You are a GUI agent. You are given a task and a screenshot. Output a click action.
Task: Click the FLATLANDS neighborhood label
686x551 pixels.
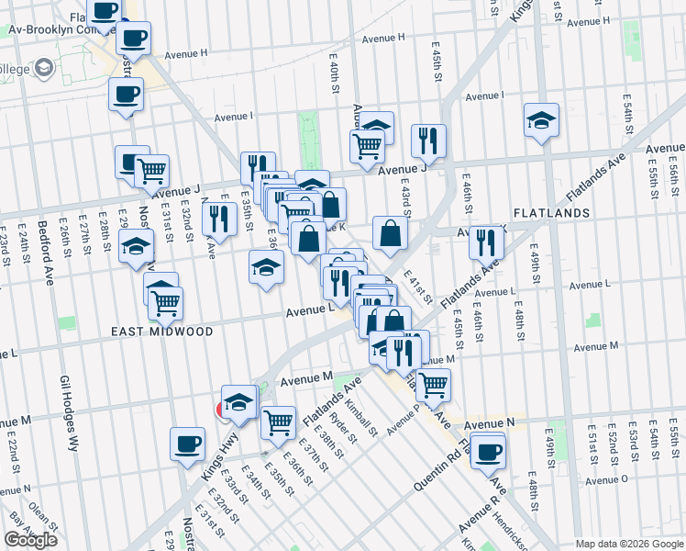pyautogui.click(x=551, y=212)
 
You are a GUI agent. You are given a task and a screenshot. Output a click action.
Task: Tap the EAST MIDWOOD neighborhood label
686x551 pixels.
pyautogui.click(x=163, y=332)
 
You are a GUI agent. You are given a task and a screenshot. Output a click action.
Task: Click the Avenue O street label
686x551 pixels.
pyautogui.click(x=606, y=479)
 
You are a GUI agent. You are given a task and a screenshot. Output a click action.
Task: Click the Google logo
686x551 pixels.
pyautogui.click(x=30, y=540)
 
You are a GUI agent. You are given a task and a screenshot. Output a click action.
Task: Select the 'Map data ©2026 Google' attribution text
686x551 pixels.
pyautogui.click(x=628, y=544)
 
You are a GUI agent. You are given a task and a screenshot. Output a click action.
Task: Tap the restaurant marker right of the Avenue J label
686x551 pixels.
pyautogui.click(x=428, y=141)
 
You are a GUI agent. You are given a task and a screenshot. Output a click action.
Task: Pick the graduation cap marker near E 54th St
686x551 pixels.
pyautogui.click(x=542, y=120)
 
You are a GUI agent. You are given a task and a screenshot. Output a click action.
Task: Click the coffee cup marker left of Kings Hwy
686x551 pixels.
pyautogui.click(x=187, y=444)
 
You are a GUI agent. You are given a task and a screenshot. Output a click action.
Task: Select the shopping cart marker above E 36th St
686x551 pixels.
pyautogui.click(x=278, y=422)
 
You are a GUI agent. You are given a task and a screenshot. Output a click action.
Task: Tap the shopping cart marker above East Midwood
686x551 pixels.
pyautogui.click(x=165, y=302)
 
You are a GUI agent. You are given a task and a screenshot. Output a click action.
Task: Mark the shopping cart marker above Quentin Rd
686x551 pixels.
pyautogui.click(x=433, y=385)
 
